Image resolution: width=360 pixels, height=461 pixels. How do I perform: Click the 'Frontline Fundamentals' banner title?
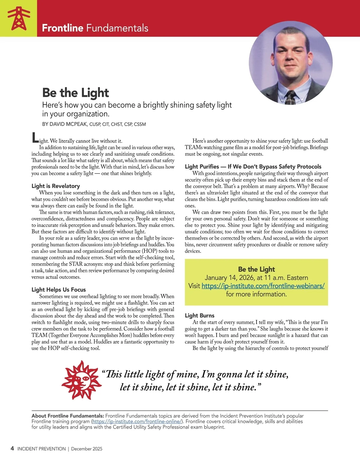[95, 28]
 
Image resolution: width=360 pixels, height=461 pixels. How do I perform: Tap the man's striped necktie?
[291, 97]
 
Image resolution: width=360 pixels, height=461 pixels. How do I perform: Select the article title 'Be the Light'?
[76, 92]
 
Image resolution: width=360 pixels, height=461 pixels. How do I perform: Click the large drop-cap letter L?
[35, 138]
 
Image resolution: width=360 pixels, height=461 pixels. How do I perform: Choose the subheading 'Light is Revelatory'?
[56, 186]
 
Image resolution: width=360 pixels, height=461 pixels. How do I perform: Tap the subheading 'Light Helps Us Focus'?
[59, 290]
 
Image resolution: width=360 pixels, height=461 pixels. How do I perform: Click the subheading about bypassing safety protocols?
[253, 167]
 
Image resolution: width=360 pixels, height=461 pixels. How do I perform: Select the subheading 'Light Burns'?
[199, 315]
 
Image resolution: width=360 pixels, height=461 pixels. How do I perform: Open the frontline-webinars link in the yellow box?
[263, 286]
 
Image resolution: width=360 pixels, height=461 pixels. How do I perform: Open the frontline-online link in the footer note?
[136, 421]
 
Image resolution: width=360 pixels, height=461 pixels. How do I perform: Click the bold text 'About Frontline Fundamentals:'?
[68, 416]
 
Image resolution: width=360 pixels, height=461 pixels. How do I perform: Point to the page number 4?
[12, 448]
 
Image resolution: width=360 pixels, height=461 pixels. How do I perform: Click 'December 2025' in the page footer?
[87, 449]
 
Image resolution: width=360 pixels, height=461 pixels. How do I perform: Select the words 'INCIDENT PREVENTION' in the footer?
[41, 449]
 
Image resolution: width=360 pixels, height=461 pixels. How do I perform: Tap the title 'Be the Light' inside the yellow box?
[256, 269]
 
